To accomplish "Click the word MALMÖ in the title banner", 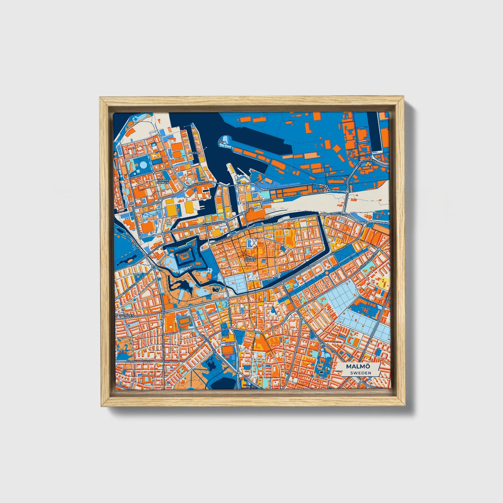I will click(x=358, y=367).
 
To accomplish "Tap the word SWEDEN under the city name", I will click(x=360, y=373).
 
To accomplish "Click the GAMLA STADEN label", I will click(x=250, y=259).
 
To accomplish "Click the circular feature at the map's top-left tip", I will click(x=134, y=119).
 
